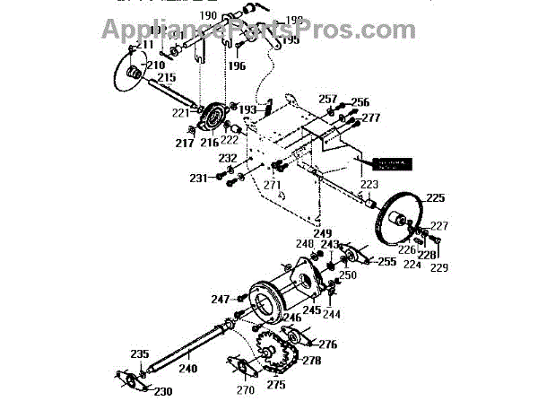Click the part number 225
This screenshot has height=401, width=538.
(434, 197)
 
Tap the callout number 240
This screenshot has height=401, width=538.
(187, 368)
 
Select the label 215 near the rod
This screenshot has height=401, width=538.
(167, 80)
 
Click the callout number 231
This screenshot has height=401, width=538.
(199, 179)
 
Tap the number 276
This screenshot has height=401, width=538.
(328, 344)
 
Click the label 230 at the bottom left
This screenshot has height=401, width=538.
(162, 390)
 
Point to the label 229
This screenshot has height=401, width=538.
(438, 267)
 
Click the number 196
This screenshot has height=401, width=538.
(237, 65)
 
